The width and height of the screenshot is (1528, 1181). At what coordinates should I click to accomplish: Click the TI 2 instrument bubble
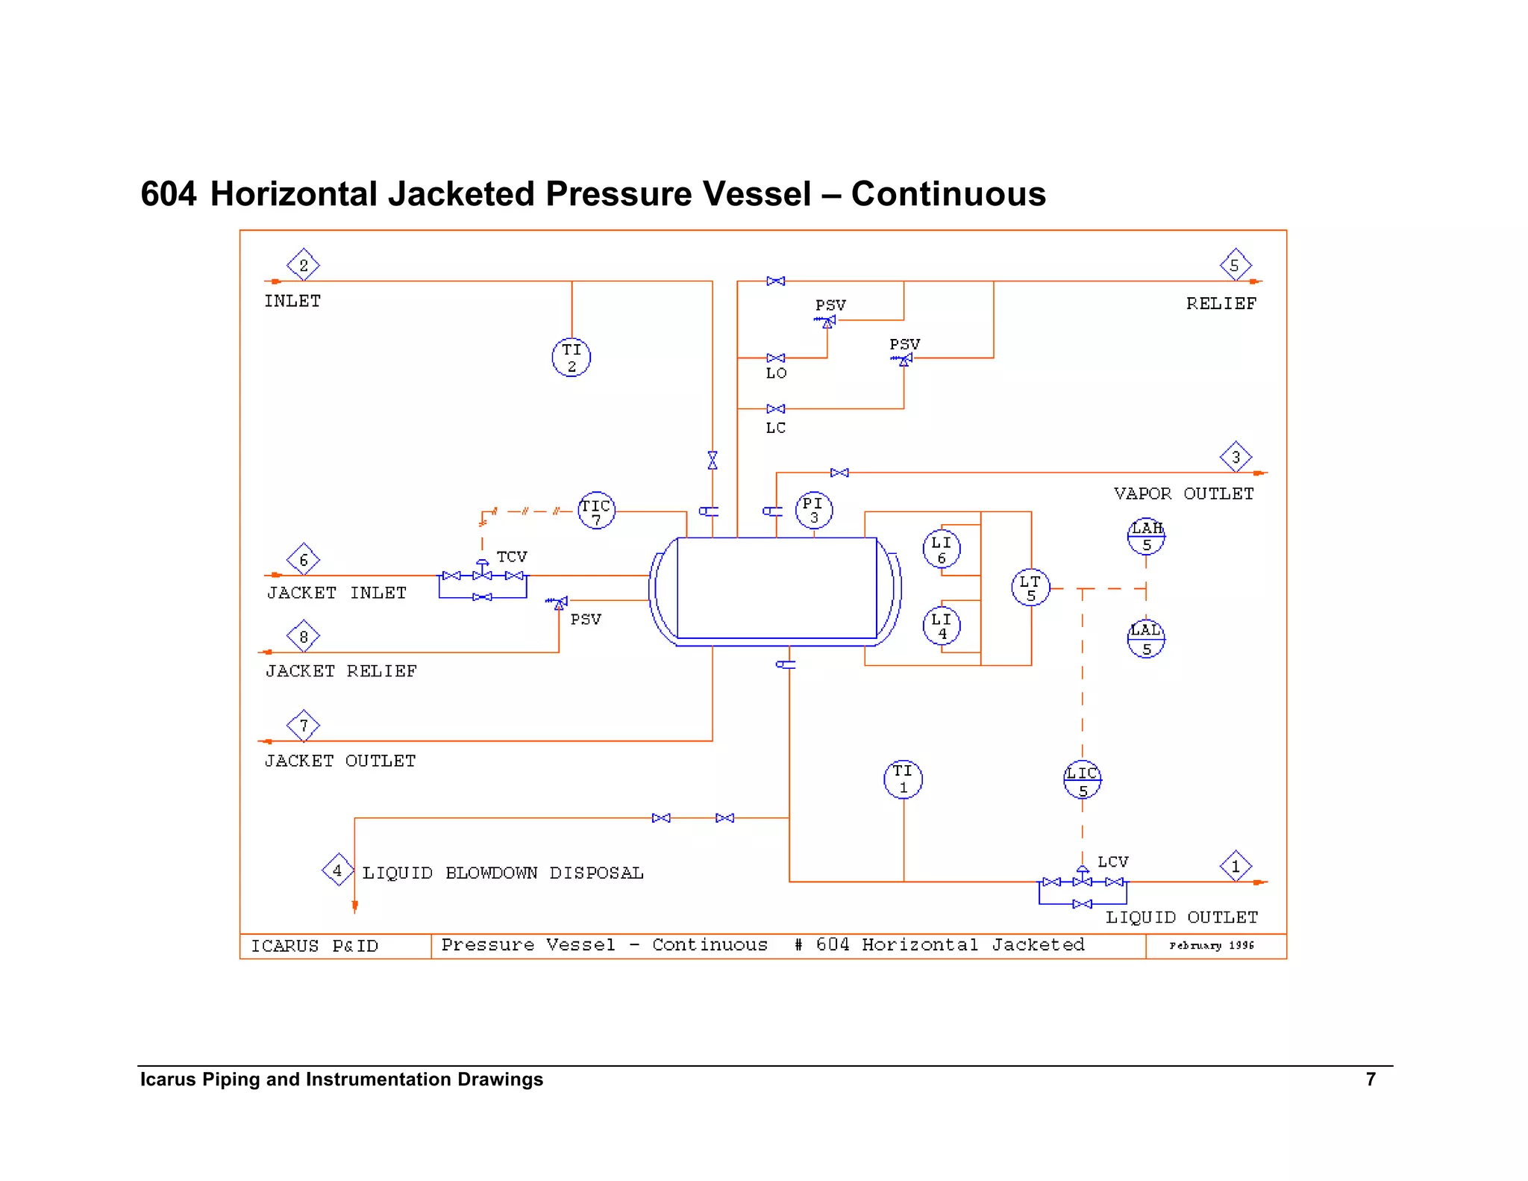click(x=572, y=358)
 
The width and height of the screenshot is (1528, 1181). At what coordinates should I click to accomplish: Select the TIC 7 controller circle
click(x=596, y=511)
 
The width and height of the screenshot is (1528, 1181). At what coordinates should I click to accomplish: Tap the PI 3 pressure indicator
click(x=813, y=510)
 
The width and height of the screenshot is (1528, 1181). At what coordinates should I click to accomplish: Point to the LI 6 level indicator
click(x=942, y=549)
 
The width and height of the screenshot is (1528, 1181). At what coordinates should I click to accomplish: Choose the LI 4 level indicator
click(x=942, y=626)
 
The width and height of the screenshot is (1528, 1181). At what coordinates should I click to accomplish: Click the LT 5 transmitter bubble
click(x=1030, y=588)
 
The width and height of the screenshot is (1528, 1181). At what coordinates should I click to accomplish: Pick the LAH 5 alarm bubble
click(x=1146, y=536)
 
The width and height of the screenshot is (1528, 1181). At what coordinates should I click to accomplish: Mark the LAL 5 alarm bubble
click(x=1146, y=639)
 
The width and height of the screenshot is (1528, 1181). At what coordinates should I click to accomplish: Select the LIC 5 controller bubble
click(x=1082, y=780)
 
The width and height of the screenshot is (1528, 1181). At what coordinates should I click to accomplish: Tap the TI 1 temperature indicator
click(x=903, y=779)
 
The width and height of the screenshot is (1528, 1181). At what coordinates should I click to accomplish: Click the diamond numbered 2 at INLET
click(x=304, y=265)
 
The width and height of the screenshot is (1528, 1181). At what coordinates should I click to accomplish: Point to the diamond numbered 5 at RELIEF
click(x=1235, y=265)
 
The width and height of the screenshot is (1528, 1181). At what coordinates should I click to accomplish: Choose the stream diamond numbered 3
click(x=1236, y=457)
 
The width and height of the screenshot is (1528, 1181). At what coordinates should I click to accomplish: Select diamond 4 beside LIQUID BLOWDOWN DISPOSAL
click(x=337, y=870)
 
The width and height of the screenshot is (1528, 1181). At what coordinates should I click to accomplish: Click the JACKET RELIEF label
click(x=341, y=671)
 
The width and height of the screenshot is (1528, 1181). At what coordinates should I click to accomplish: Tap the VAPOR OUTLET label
click(x=1183, y=493)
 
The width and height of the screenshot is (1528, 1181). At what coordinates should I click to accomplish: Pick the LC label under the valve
click(x=776, y=428)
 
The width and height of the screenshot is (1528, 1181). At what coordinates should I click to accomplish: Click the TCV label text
click(x=512, y=557)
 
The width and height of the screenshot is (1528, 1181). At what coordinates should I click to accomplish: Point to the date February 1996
click(x=1212, y=945)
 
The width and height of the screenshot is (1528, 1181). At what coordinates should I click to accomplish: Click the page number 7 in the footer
click(x=1371, y=1079)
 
